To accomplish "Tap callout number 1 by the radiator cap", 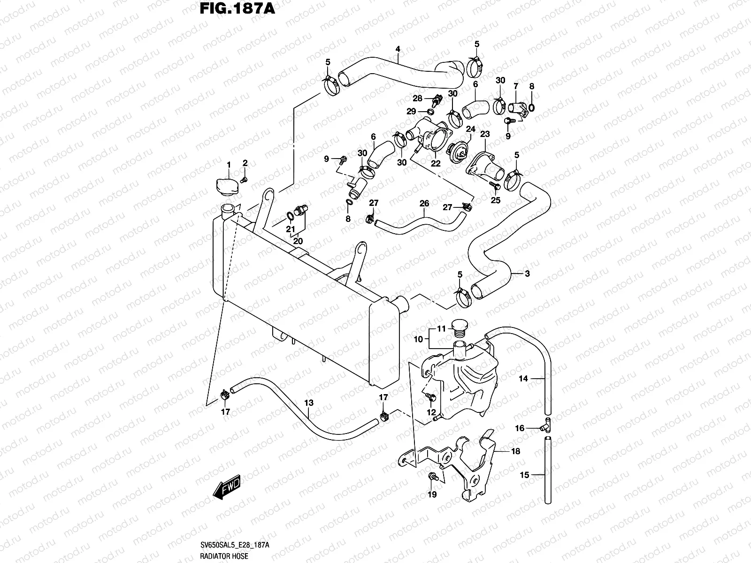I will (229, 165).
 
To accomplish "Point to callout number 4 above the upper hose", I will (398, 49).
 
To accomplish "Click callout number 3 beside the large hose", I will (527, 274).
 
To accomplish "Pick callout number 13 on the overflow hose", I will (308, 403).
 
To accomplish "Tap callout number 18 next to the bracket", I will (515, 451).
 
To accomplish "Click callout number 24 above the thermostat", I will (470, 129).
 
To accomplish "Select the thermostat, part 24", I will (457, 152).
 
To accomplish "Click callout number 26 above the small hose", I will (424, 204).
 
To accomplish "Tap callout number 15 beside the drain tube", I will (524, 475).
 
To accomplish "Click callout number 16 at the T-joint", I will (520, 428).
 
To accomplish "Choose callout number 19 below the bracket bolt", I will (432, 495).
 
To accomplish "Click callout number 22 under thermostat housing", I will (436, 163).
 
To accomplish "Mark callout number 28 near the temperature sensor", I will (417, 99).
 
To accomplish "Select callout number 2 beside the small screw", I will (245, 163).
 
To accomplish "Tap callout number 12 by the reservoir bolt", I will (431, 412).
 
